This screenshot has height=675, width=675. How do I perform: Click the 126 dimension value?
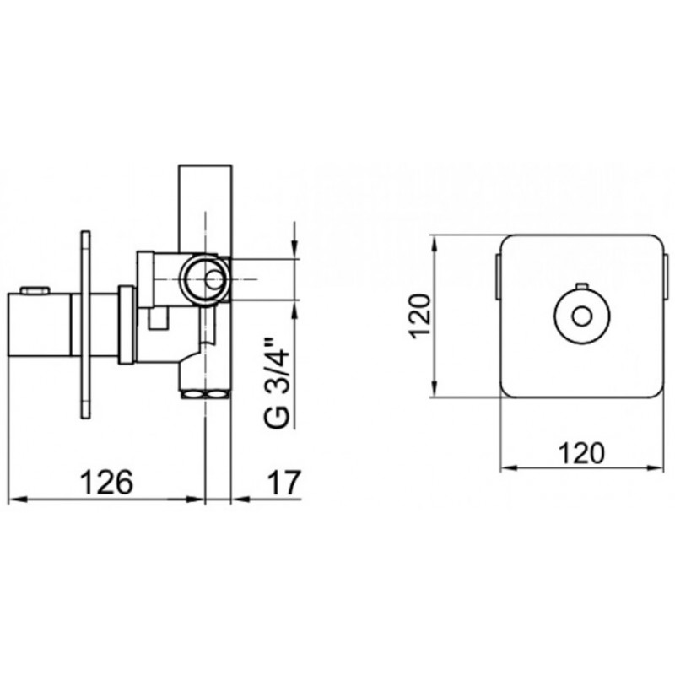click(x=107, y=482)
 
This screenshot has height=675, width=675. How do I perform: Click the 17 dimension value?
click(x=283, y=482)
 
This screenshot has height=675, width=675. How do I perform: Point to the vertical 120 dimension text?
click(x=418, y=316)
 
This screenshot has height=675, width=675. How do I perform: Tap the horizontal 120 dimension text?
click(x=581, y=453)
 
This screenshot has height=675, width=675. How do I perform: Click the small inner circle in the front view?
click(x=582, y=317)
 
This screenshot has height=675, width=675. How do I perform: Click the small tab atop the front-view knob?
click(x=582, y=285)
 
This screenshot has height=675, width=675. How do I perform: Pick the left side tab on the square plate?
click(x=497, y=276)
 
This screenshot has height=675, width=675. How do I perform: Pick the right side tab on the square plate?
click(x=667, y=276)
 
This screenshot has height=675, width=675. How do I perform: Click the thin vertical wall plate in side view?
click(x=86, y=325)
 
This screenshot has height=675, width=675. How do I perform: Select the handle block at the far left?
click(x=40, y=325)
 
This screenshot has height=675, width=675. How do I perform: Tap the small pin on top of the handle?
click(x=35, y=290)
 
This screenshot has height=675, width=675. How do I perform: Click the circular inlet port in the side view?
click(x=203, y=279)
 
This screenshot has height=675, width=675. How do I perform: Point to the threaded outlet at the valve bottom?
click(x=205, y=393)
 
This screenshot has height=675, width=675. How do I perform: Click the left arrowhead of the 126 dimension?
click(x=18, y=499)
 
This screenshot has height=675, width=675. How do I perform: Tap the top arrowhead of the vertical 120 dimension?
click(x=435, y=246)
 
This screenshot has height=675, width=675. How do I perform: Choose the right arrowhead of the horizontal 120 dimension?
click(x=655, y=468)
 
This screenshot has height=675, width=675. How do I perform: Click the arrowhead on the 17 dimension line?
click(x=241, y=499)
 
